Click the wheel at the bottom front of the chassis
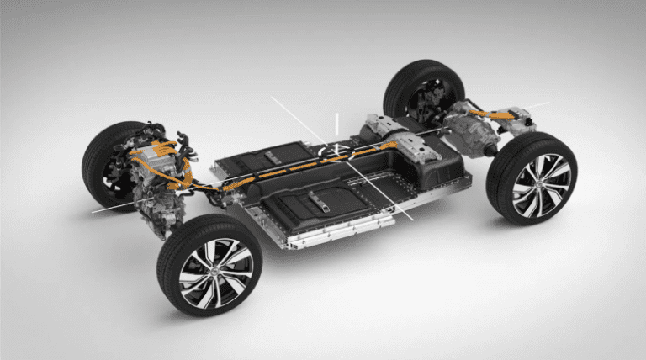pyautogui.click(x=209, y=265)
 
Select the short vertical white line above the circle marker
pyautogui.click(x=336, y=124)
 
